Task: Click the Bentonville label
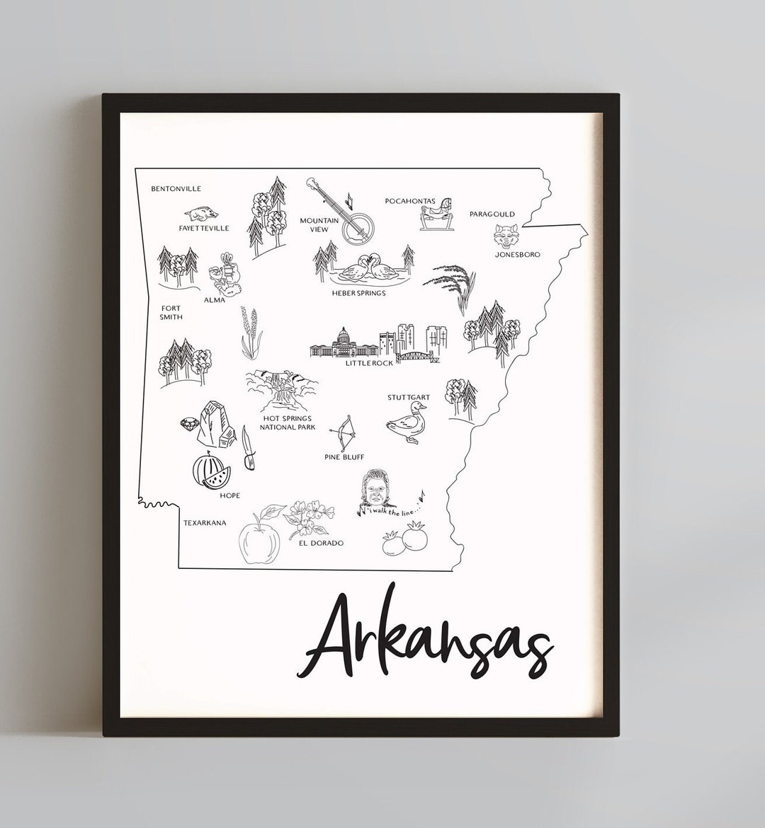click(x=176, y=189)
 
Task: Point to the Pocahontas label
click(x=409, y=201)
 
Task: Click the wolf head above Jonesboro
click(x=506, y=236)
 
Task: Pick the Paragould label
click(x=492, y=214)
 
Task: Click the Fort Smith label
click(x=171, y=312)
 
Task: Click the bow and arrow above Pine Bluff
click(x=344, y=432)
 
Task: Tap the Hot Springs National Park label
click(x=287, y=423)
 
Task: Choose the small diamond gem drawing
click(x=189, y=423)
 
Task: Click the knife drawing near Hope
click(x=246, y=447)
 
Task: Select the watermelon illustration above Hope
click(x=211, y=471)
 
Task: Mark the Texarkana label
click(x=205, y=523)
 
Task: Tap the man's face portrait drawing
click(x=375, y=488)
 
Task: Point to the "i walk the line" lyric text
click(x=393, y=510)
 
